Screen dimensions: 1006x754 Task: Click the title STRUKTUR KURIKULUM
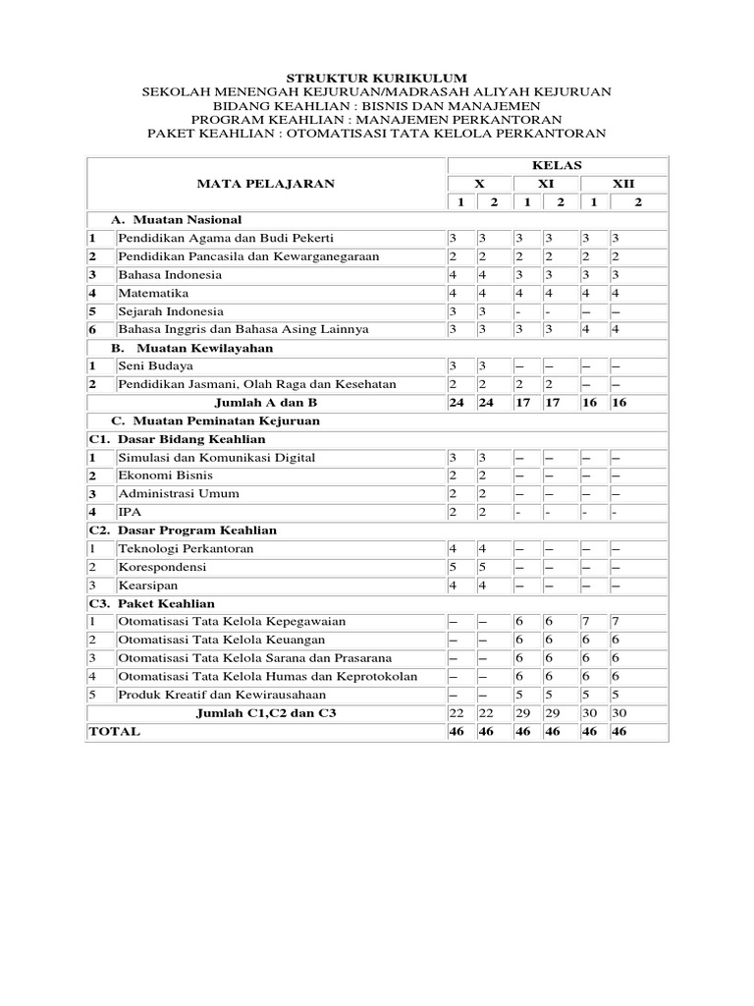(376, 78)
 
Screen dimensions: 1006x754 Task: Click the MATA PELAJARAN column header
(265, 184)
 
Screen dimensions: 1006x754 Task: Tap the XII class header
(623, 184)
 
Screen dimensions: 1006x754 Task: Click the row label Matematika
(153, 293)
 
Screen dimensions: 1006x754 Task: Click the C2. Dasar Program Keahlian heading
(183, 530)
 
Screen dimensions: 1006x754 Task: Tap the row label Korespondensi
(163, 567)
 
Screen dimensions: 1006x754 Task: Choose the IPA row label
(130, 512)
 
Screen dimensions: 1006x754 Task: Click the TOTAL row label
(115, 732)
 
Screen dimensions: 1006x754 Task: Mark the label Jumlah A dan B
(267, 403)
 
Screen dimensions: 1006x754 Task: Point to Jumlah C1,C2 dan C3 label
(267, 713)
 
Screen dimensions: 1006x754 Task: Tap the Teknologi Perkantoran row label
(186, 548)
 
